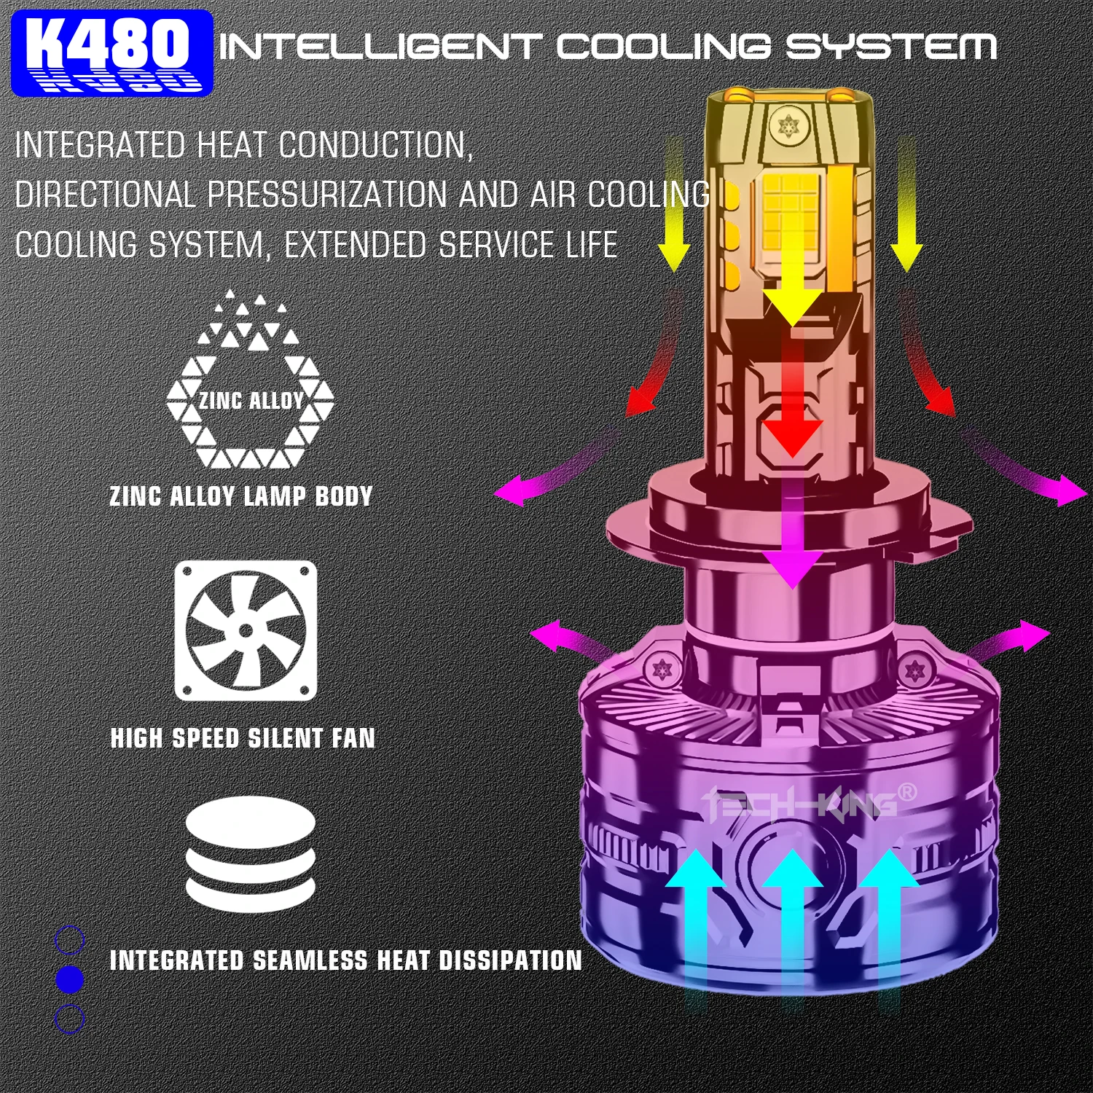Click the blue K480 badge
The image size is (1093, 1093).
coord(112,53)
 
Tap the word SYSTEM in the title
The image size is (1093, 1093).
coord(890,47)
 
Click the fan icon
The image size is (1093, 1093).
coord(246,630)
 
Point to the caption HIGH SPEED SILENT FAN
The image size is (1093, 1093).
coord(243,738)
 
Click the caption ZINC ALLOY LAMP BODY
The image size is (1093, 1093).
coord(241,496)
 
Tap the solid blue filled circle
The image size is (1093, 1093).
coord(70,979)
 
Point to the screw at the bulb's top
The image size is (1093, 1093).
coord(788,127)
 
